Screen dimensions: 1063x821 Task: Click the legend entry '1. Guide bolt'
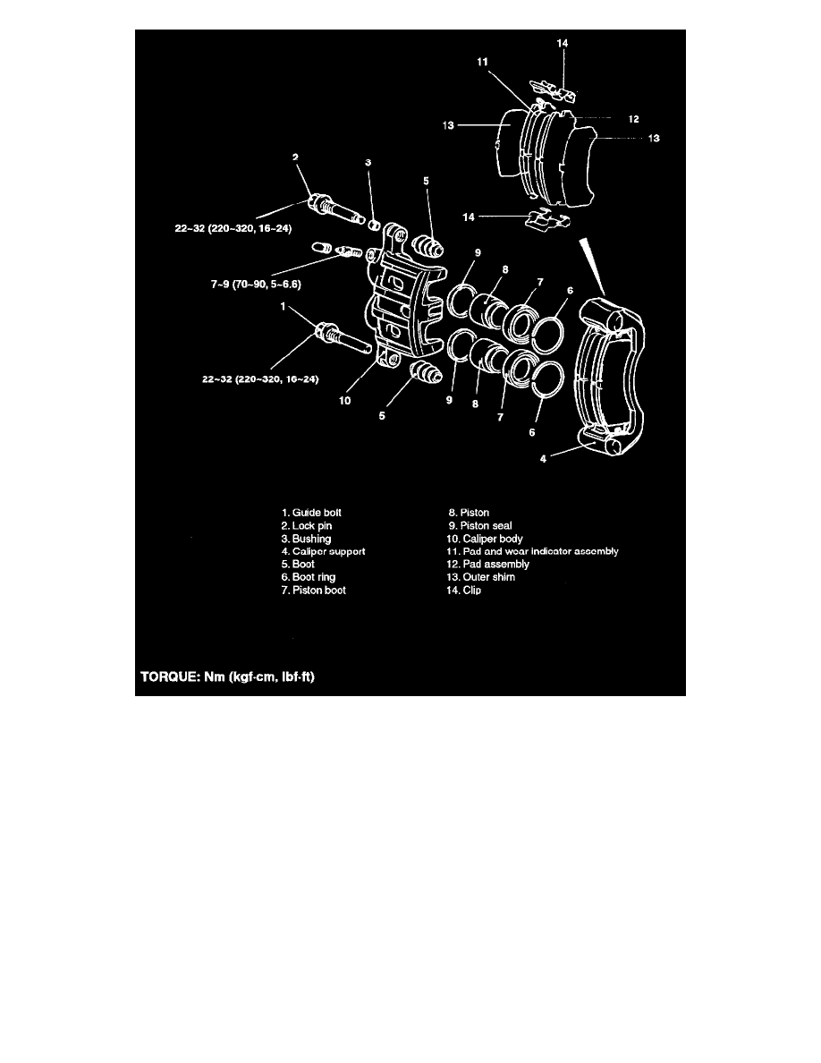(x=312, y=513)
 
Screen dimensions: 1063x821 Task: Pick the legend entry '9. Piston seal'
(x=480, y=526)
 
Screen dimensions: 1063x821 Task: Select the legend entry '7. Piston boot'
(x=313, y=591)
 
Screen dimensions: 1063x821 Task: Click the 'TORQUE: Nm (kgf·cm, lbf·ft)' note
(x=228, y=677)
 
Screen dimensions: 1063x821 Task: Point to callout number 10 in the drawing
(x=343, y=402)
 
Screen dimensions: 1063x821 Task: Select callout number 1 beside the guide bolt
(x=284, y=306)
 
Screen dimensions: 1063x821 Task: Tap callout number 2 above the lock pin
(x=296, y=157)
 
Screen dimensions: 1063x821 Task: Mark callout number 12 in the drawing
(x=632, y=119)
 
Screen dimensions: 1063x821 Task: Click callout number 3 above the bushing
(x=368, y=163)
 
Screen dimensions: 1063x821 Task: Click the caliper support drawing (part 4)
(x=614, y=376)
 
